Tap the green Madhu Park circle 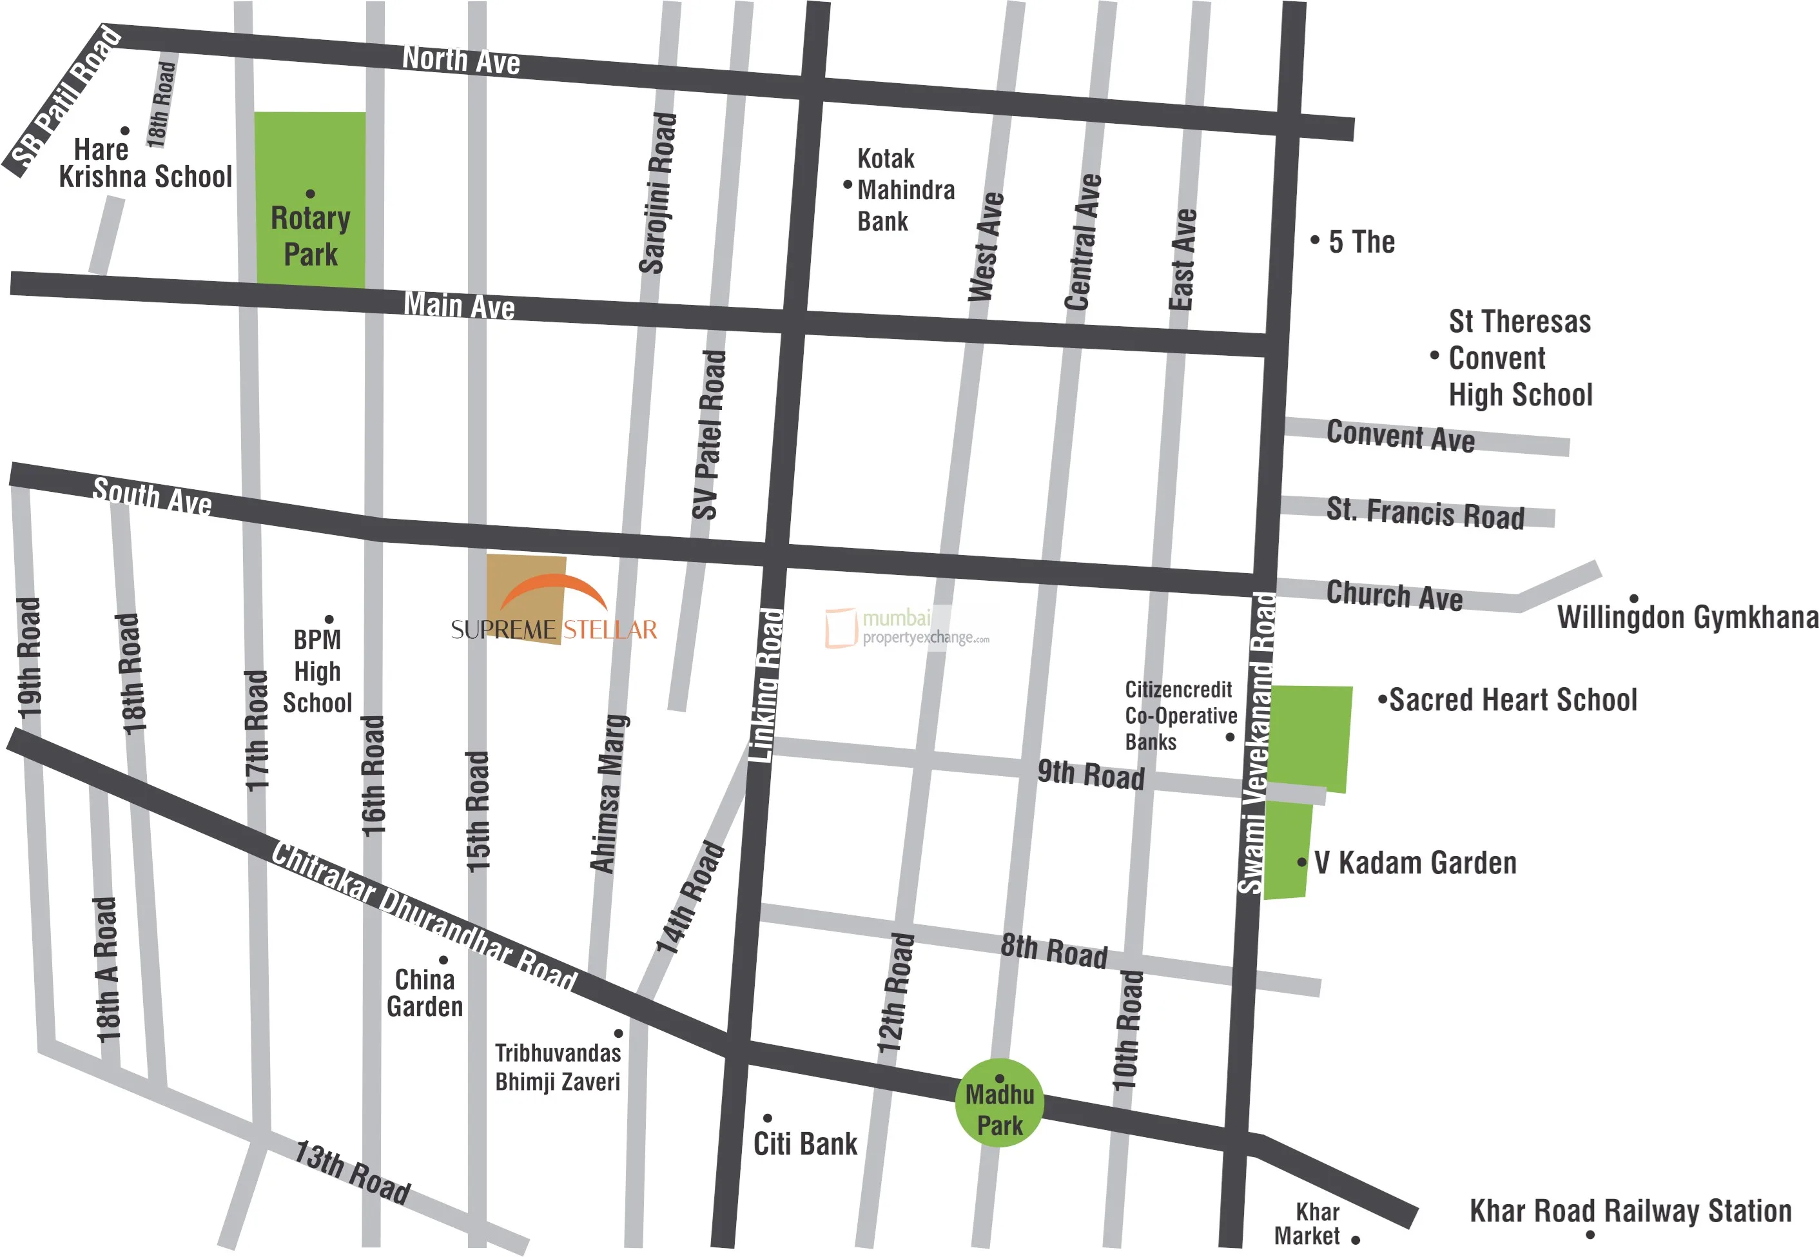tap(999, 1104)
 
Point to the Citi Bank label tap(805, 1144)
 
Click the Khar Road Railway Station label tap(1630, 1211)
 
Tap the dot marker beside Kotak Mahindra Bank tap(847, 185)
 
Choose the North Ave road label tap(461, 60)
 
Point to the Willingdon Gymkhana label tap(1688, 617)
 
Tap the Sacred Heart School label tap(1512, 699)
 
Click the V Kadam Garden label tap(1414, 862)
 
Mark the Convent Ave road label tap(1400, 436)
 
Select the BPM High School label tap(317, 671)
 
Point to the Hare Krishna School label tap(145, 163)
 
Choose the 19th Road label tap(28, 658)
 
